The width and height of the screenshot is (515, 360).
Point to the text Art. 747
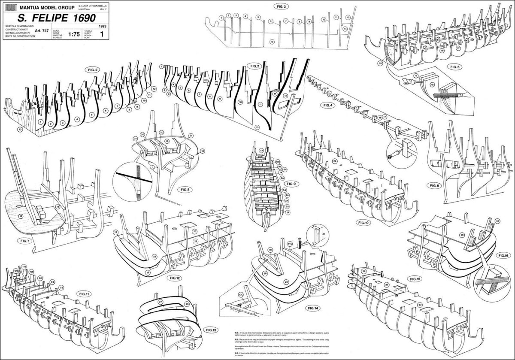[x=42, y=31]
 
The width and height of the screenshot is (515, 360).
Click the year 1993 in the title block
[x=102, y=27]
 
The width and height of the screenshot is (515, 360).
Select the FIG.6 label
[x=437, y=185]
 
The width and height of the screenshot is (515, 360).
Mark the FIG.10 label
[x=363, y=223]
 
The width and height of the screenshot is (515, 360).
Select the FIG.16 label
[x=503, y=255]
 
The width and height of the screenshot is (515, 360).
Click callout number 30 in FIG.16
[x=497, y=221]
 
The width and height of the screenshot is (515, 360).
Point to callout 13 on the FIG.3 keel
[x=271, y=42]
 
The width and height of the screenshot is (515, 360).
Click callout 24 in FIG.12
[x=115, y=233]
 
